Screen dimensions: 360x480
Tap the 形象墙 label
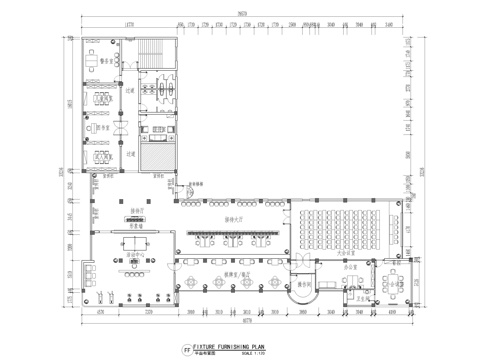click(x=134, y=227)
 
